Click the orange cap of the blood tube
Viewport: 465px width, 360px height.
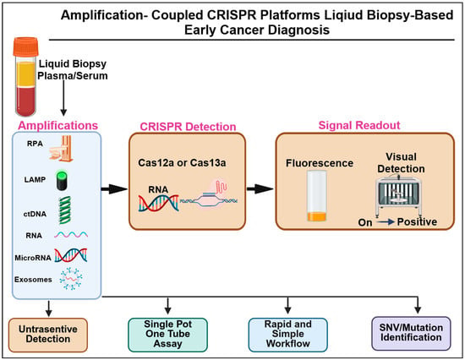click(26, 46)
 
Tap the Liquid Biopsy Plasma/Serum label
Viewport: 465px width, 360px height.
click(73, 69)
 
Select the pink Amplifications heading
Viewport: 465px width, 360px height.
click(57, 125)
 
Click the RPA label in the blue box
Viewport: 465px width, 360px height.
click(35, 144)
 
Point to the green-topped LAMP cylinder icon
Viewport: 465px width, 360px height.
click(62, 180)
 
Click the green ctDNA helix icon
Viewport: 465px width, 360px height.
click(64, 210)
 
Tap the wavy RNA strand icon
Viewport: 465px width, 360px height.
click(71, 235)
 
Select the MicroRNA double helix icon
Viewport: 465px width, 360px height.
click(71, 255)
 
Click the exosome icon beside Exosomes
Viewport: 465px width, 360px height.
click(71, 279)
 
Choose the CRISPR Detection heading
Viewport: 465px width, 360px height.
click(188, 127)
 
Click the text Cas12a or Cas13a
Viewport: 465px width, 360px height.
click(182, 163)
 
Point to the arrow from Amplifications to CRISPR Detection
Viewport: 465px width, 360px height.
click(114, 189)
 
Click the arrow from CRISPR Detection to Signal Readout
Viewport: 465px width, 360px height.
click(260, 189)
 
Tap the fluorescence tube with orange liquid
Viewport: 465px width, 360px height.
click(317, 196)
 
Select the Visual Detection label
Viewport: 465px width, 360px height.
click(401, 162)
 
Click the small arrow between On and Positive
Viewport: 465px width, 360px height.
click(385, 221)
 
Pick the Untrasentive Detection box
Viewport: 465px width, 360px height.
click(48, 335)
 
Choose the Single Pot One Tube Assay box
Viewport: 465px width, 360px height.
click(168, 335)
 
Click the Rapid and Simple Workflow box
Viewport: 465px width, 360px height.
click(288, 335)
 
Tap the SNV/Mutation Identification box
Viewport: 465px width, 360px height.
click(411, 333)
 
